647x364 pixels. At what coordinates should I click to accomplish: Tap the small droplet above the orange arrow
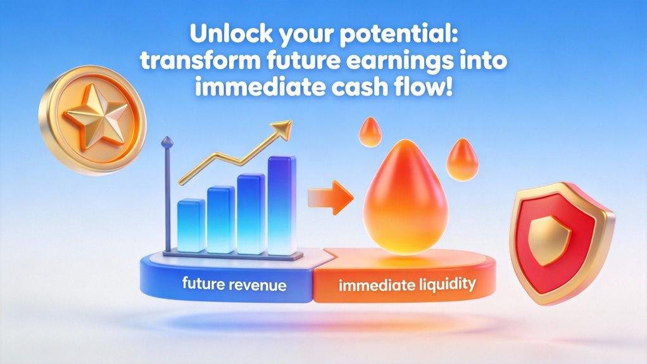point(368,133)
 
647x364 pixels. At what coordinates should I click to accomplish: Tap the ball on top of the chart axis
point(167,140)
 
